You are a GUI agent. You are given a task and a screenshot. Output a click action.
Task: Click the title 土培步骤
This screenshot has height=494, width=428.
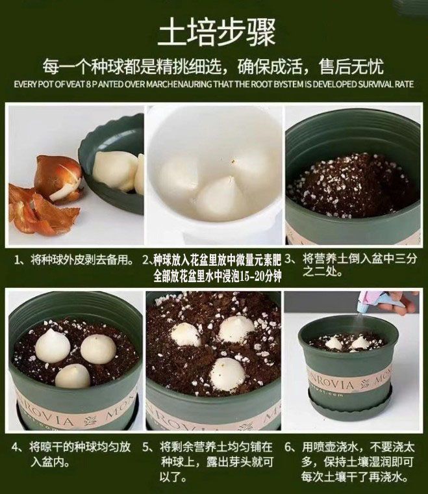[x=216, y=32]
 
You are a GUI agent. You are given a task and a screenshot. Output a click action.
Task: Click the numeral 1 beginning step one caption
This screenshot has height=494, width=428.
[x=18, y=261]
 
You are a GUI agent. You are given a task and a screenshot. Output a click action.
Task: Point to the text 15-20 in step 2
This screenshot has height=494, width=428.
[x=251, y=276]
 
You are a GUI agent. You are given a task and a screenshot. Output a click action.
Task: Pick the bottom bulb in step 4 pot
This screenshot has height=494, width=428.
[x=72, y=376]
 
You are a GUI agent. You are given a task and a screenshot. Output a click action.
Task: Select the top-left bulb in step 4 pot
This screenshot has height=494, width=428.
[x=52, y=346]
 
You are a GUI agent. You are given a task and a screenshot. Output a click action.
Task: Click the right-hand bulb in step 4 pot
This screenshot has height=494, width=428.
[x=99, y=350]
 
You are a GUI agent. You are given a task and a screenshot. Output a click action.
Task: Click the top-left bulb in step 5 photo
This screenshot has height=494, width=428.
[x=186, y=335]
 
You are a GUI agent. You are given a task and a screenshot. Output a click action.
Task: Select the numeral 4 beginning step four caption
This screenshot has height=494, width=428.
[x=16, y=447]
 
